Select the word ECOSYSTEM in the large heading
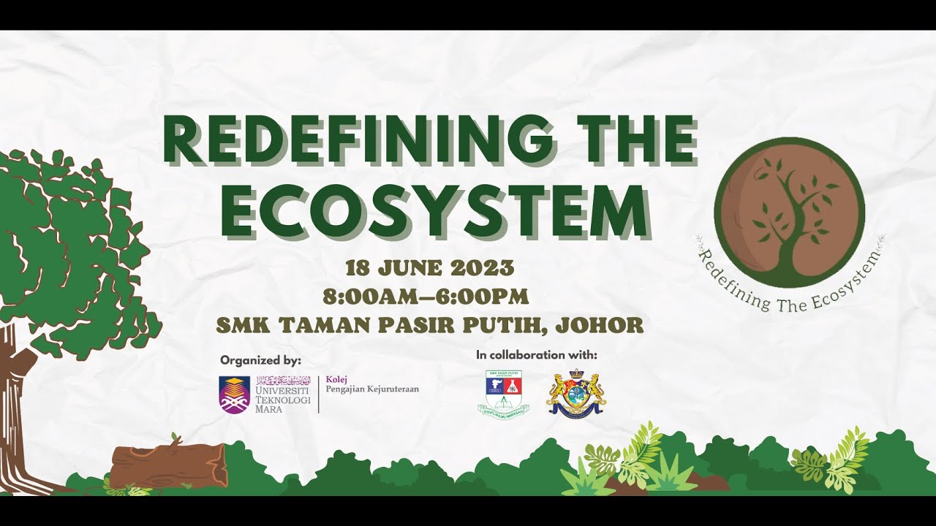(434, 211)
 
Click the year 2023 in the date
(482, 268)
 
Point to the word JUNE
(410, 268)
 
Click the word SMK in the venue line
(242, 325)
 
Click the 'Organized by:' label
(260, 360)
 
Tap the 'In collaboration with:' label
(536, 355)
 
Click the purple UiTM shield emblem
(235, 394)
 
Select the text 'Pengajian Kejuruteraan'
(372, 389)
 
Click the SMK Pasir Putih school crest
(503, 394)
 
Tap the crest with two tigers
(575, 394)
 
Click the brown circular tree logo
(789, 211)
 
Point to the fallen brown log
(168, 466)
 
